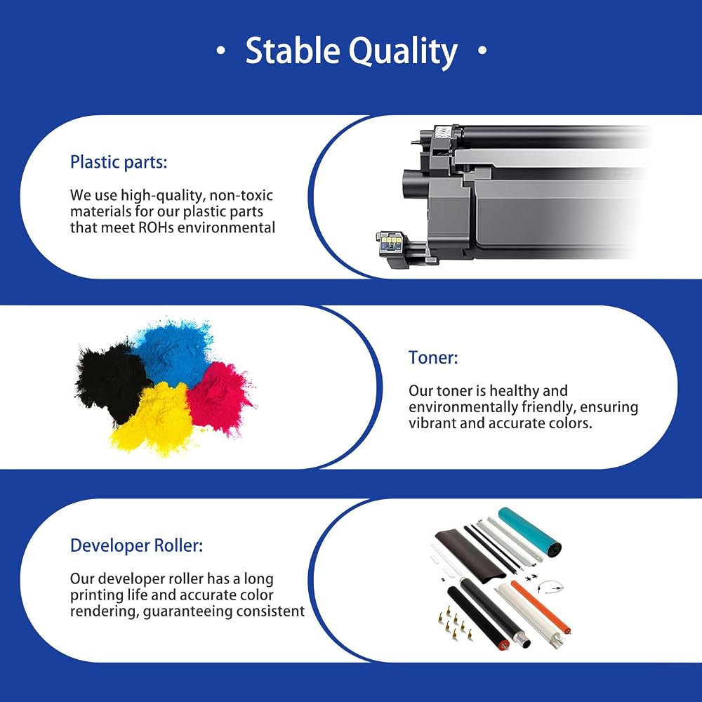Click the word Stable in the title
292,50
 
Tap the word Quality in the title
403,52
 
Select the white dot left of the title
220,50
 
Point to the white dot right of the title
482,50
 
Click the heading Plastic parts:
119,162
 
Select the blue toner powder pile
175,352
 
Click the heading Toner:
433,357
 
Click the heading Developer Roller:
137,545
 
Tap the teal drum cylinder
529,531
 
